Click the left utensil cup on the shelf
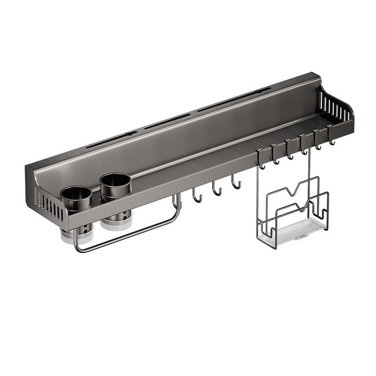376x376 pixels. [76, 200]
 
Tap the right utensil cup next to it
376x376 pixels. [115, 188]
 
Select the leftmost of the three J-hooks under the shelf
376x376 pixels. [197, 196]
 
